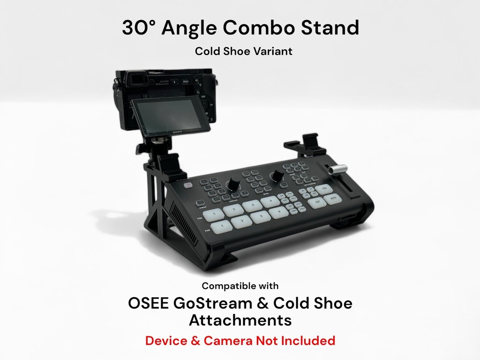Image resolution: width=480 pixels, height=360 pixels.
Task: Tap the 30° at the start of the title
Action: pyautogui.click(x=138, y=27)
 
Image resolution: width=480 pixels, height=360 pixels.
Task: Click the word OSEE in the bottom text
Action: pyautogui.click(x=151, y=303)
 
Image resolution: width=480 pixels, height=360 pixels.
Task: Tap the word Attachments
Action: pyautogui.click(x=240, y=320)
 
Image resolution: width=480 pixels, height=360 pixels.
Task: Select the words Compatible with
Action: pyautogui.click(x=240, y=286)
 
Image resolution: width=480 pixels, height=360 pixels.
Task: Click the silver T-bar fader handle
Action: pyautogui.click(x=337, y=169)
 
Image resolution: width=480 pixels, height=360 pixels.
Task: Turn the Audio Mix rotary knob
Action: pyautogui.click(x=232, y=185)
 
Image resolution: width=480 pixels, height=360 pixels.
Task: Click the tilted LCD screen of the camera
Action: pyautogui.click(x=162, y=115)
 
